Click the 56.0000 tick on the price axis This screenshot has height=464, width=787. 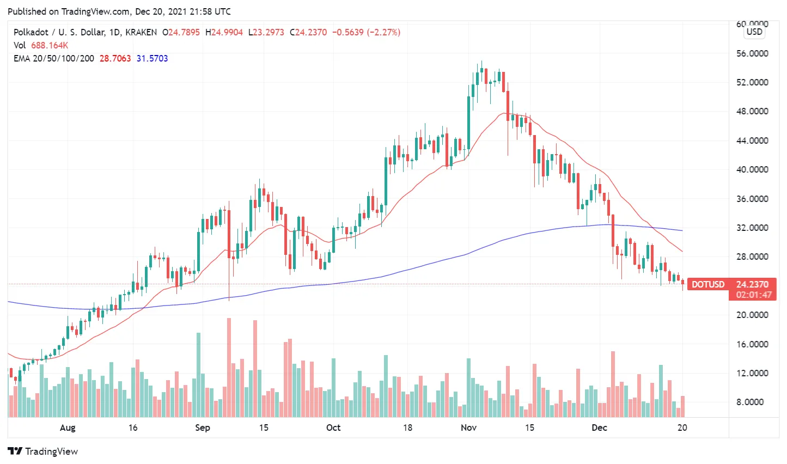(x=752, y=53)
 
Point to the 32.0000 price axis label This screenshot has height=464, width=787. (x=752, y=228)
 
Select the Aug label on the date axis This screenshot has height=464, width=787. (x=68, y=428)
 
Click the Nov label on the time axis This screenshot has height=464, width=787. (x=468, y=428)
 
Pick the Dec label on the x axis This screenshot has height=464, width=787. (x=599, y=428)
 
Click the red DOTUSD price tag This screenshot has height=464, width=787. (x=708, y=284)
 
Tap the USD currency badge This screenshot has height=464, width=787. (x=754, y=32)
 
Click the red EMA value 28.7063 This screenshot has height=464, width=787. (x=115, y=58)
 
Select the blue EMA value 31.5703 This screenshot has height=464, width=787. (x=152, y=58)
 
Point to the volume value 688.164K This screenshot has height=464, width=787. (x=50, y=45)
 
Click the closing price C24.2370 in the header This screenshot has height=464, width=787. (x=308, y=32)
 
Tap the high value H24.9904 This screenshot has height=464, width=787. (x=224, y=32)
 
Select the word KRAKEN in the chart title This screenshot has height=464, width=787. (x=141, y=32)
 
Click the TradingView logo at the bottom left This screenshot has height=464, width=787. (x=43, y=451)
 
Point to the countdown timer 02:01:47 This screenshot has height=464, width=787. (x=754, y=295)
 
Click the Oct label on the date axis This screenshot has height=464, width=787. (x=333, y=428)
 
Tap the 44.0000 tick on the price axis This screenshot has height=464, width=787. (x=752, y=141)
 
